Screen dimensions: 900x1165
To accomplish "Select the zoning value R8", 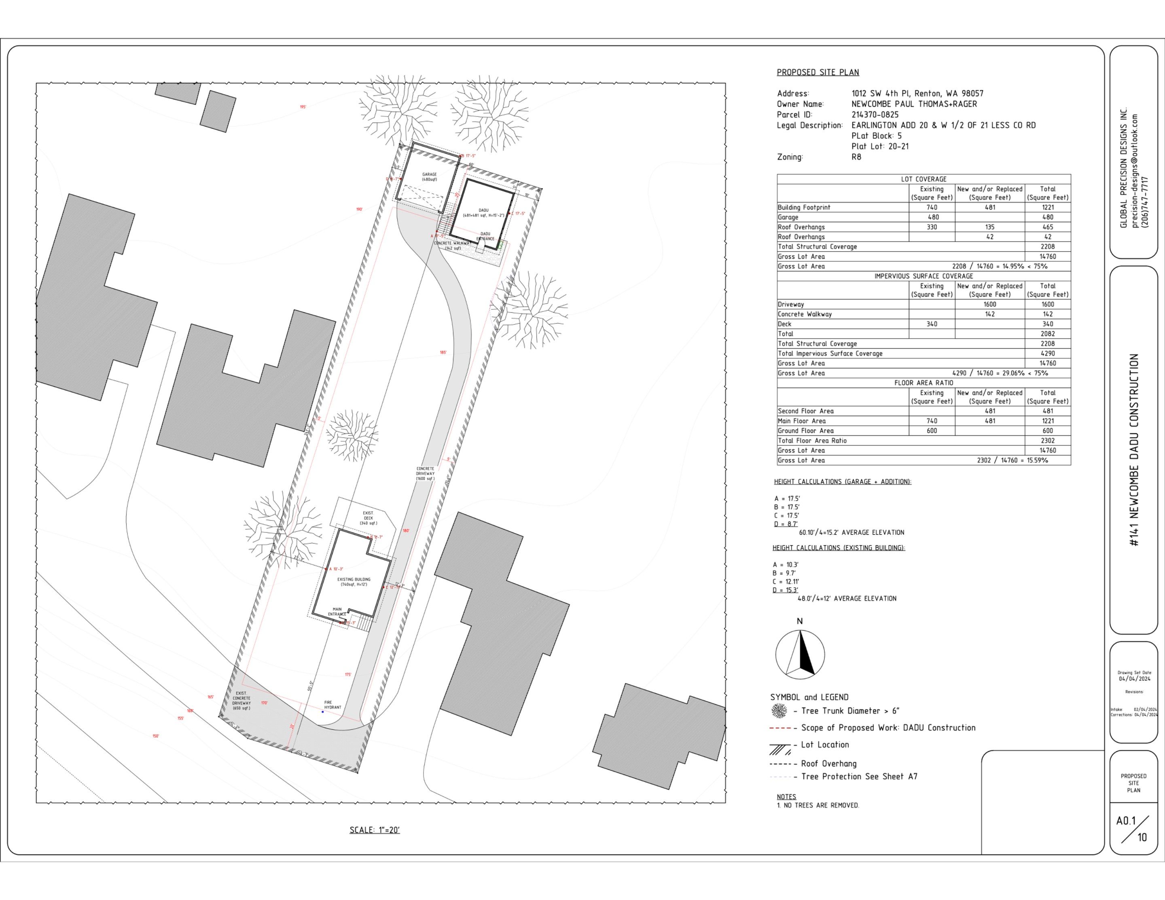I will (856, 157).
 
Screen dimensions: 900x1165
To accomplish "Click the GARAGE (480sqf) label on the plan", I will (430, 177).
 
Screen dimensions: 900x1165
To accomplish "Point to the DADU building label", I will (483, 212).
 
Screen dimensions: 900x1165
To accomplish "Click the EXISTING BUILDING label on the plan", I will (354, 582).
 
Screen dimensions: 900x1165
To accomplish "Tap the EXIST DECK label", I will (368, 517).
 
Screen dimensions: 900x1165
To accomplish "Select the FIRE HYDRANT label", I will (333, 705).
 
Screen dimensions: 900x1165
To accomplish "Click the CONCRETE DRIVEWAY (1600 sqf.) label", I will (425, 474).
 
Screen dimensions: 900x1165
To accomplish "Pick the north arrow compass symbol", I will (800, 654).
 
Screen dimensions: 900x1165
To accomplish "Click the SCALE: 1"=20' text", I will (375, 830).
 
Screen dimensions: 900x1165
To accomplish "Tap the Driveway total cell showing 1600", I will (1047, 304).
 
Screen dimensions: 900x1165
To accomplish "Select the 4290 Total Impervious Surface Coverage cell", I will (1047, 353).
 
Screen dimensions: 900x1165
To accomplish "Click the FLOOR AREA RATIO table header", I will (924, 383).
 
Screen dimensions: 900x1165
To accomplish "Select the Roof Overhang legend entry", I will (828, 763).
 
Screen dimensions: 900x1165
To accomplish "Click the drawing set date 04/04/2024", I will (1135, 679).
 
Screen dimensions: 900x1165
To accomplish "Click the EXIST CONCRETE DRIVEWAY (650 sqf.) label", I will (241, 701).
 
